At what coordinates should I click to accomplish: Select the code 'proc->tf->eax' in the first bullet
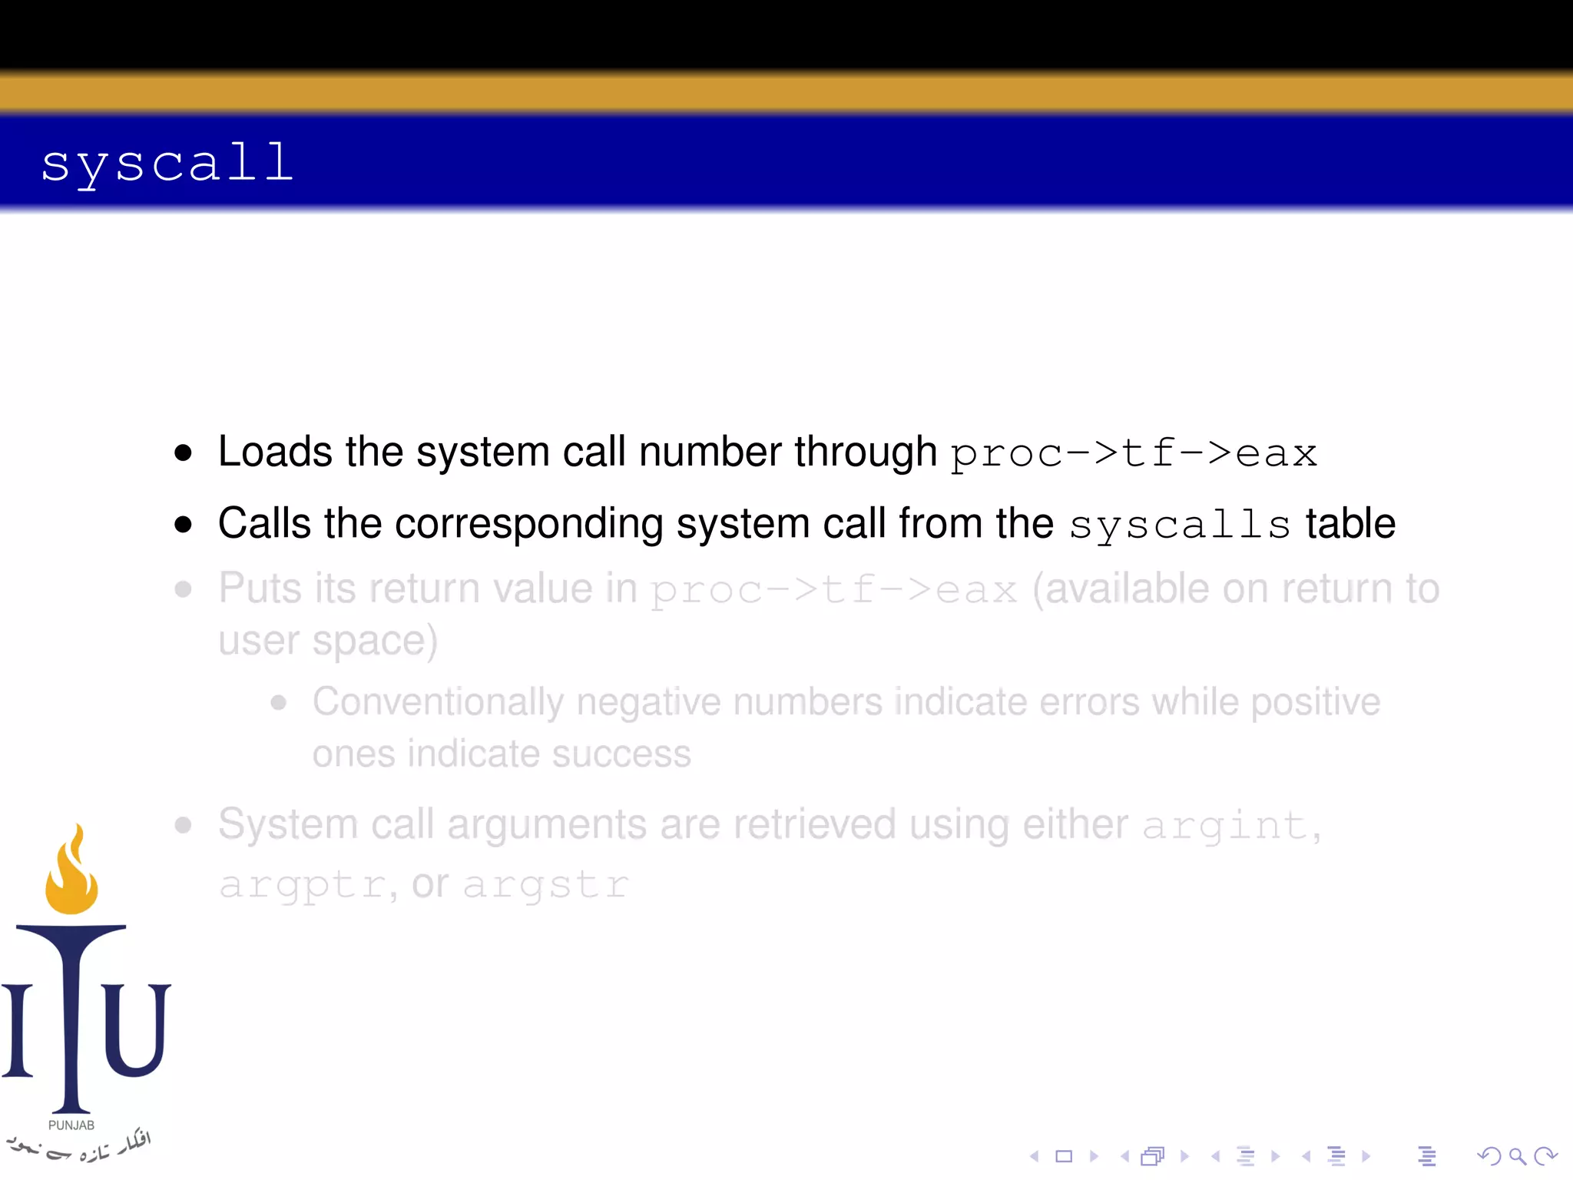click(x=1134, y=453)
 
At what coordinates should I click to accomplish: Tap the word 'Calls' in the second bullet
click(x=264, y=523)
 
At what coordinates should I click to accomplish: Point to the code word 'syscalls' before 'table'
click(x=1179, y=525)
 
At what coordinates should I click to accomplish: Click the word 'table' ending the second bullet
click(x=1350, y=523)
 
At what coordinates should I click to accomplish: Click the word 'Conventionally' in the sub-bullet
click(x=438, y=702)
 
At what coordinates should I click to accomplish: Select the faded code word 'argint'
click(x=1224, y=826)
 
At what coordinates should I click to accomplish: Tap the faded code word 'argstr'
click(x=546, y=884)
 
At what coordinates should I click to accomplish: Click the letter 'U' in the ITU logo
click(x=136, y=1029)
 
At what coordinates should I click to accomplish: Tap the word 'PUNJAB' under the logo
click(x=71, y=1125)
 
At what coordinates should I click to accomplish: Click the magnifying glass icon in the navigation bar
click(x=1517, y=1156)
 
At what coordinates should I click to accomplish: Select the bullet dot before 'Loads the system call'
click(x=183, y=452)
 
